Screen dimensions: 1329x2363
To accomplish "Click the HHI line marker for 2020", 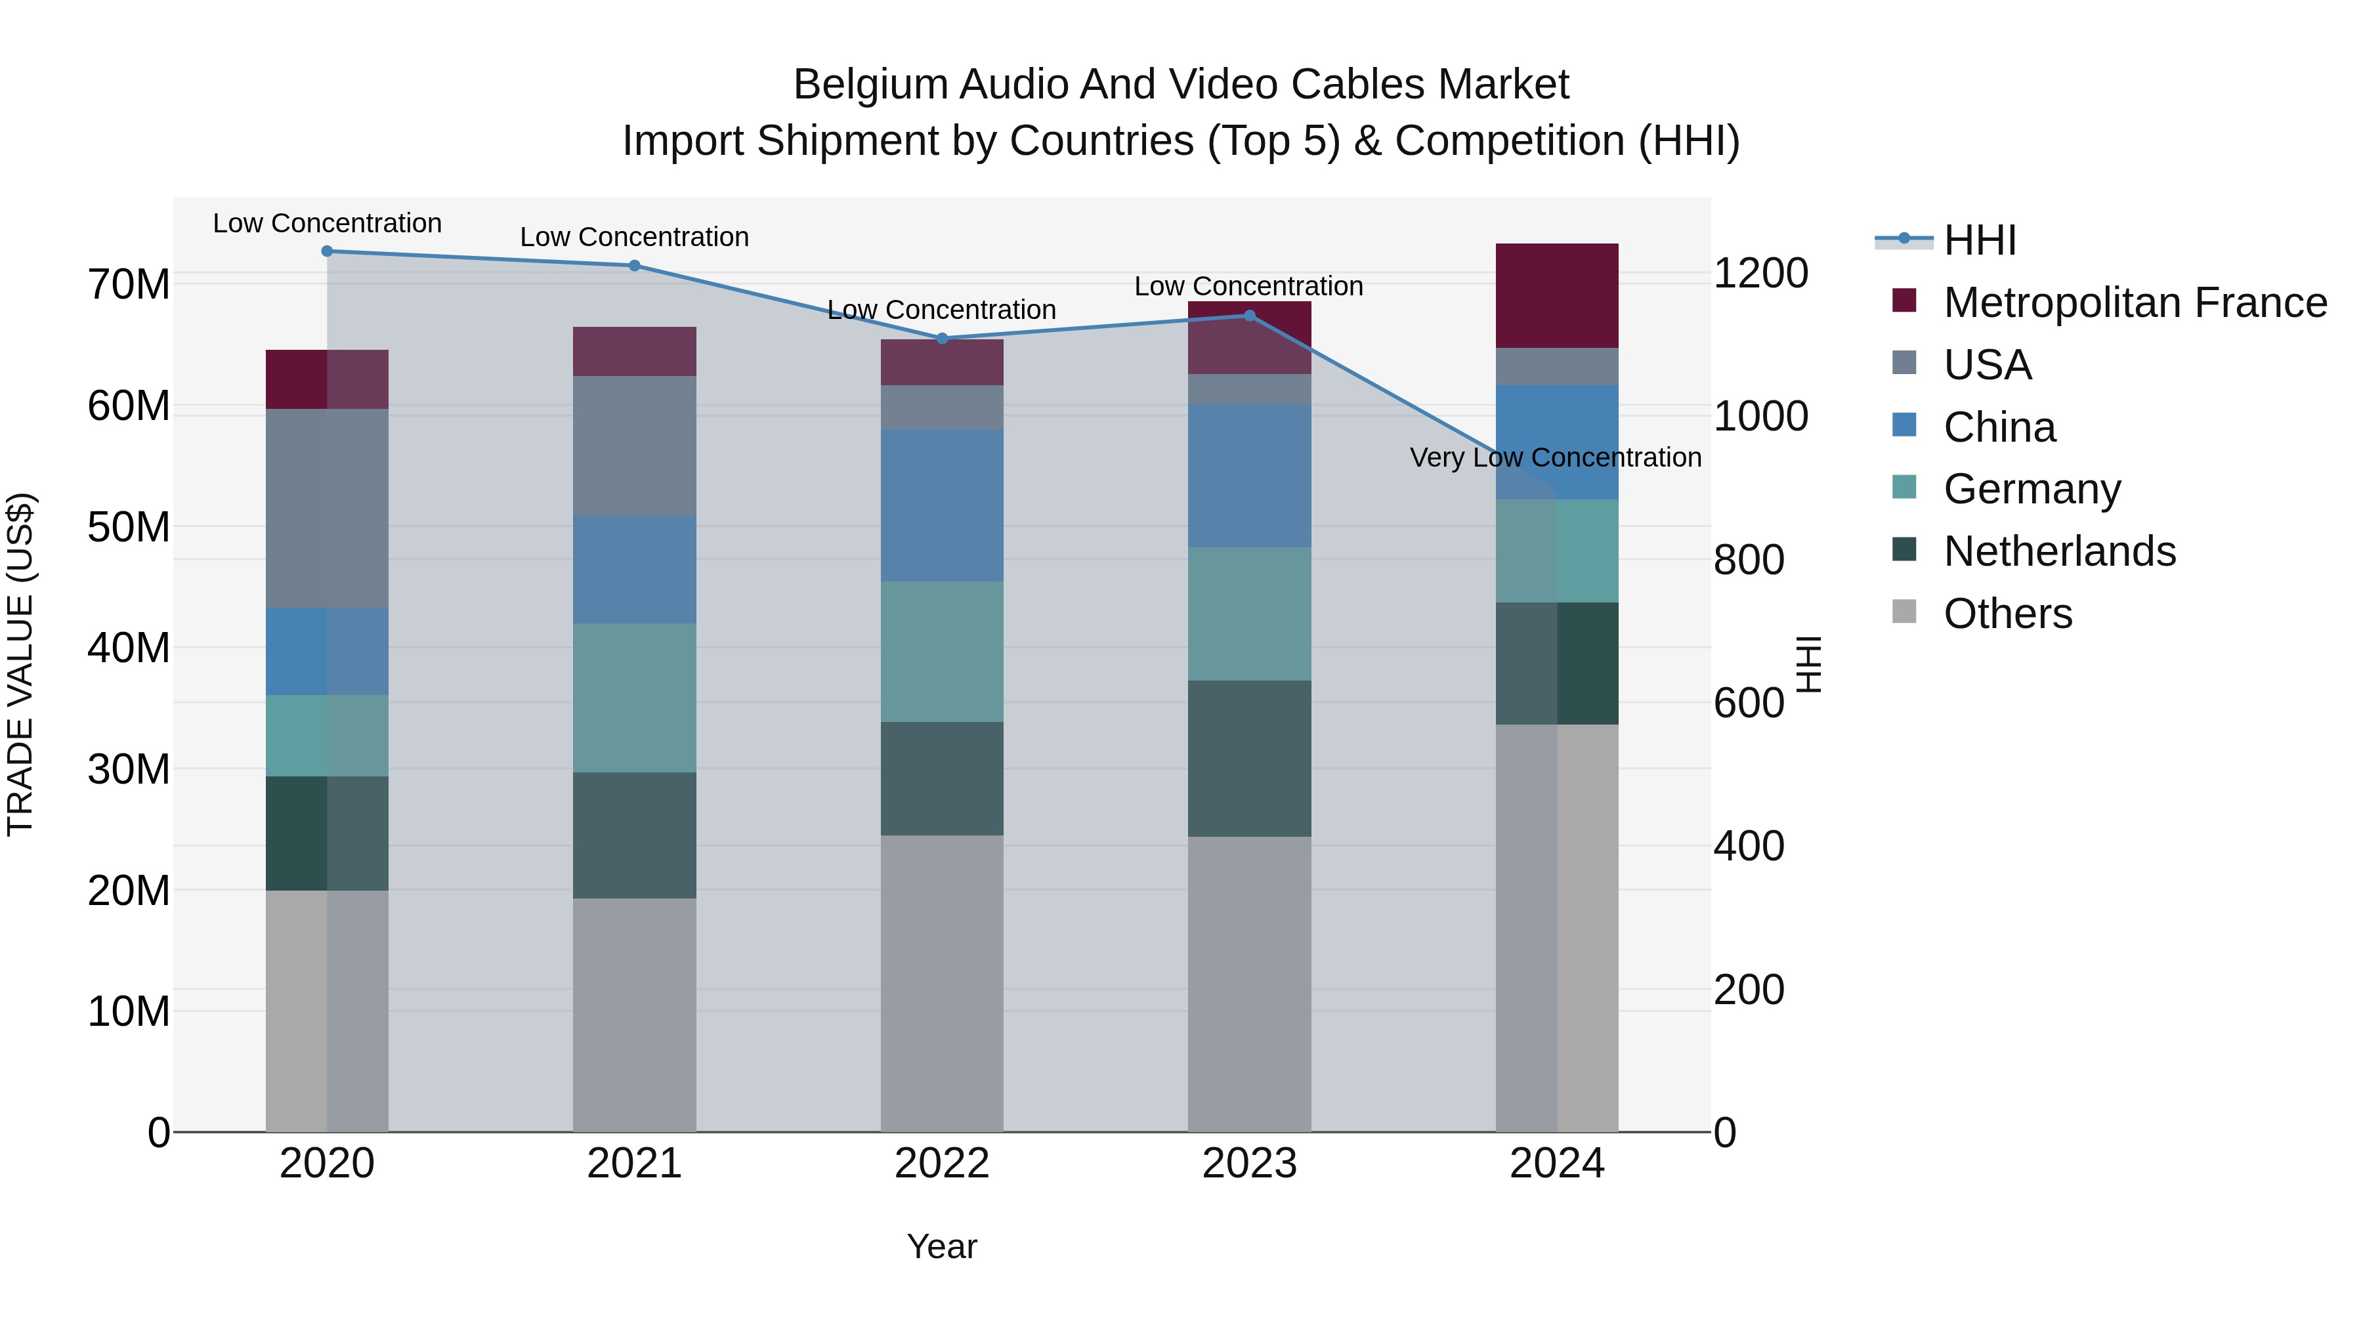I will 328,251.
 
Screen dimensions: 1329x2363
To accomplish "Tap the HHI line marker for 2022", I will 942,339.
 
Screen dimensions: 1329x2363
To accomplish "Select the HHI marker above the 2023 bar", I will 1249,316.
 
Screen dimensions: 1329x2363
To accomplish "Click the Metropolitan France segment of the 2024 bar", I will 1557,295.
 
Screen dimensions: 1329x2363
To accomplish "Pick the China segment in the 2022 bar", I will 942,505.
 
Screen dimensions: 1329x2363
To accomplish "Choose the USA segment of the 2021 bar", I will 635,446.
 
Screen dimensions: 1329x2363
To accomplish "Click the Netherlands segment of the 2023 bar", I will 1249,759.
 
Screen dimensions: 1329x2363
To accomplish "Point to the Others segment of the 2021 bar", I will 635,1015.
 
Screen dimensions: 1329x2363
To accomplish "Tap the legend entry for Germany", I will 2032,489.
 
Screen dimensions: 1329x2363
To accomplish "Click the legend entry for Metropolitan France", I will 2135,303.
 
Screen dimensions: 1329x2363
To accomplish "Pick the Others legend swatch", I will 1904,612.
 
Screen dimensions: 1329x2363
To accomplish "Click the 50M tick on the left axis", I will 129,528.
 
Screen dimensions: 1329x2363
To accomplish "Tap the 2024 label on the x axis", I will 1557,1164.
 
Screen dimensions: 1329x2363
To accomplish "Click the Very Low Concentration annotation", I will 1555,457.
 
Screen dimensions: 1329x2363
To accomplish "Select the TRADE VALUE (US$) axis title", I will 20,664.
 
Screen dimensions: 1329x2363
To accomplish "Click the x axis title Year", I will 942,1246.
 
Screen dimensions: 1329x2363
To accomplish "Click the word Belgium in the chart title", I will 870,85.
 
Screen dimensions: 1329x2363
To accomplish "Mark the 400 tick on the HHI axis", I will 1749,846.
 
